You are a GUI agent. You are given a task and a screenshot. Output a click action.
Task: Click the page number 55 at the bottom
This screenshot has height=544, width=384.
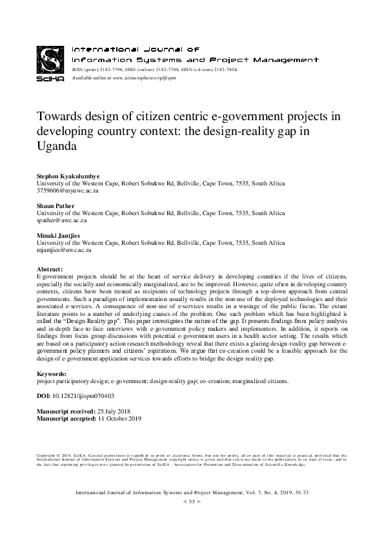tap(192, 501)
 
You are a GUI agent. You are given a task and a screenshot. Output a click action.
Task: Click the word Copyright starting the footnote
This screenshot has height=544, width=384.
tap(46, 455)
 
